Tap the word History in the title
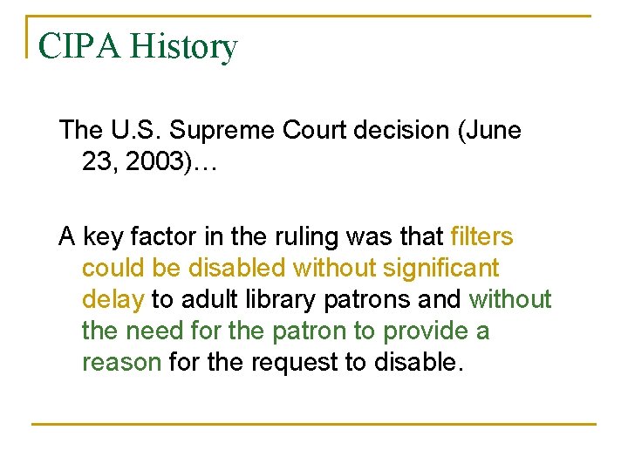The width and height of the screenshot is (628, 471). coord(183,46)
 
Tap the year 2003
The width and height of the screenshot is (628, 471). coord(149,163)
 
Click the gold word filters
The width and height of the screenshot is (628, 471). coord(481,237)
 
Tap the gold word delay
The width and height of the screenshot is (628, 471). coord(113,300)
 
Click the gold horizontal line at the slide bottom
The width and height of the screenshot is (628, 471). coord(314,424)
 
